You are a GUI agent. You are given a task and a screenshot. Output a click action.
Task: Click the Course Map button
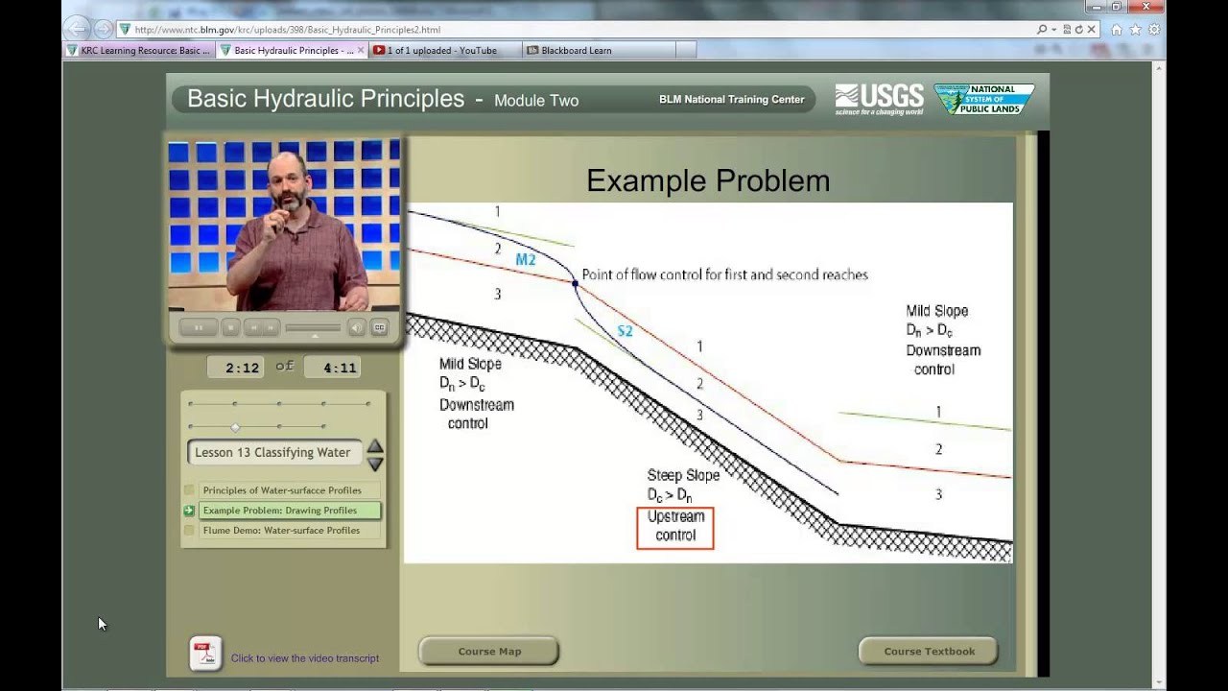coord(489,652)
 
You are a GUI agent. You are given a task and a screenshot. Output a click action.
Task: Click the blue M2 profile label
coord(525,260)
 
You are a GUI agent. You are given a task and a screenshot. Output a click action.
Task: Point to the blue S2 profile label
coord(625,332)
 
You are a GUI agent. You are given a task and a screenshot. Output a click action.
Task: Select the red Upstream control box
coord(675,527)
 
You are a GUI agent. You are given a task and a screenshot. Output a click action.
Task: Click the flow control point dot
coord(575,283)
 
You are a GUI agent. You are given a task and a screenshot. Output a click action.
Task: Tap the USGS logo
coord(879,98)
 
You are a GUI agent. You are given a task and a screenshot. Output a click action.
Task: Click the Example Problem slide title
coord(708,180)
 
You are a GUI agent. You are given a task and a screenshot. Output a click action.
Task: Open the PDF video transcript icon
coord(204,655)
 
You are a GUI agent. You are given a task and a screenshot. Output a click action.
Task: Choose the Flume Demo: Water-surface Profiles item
coord(281,531)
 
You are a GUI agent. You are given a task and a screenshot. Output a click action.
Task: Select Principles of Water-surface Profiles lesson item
coord(282,490)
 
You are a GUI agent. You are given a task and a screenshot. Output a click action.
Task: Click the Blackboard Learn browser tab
coord(576,50)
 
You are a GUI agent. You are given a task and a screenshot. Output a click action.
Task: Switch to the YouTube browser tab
coord(441,50)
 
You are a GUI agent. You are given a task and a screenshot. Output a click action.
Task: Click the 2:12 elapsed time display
coord(243,368)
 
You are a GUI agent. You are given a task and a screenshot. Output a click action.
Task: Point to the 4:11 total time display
coord(340,368)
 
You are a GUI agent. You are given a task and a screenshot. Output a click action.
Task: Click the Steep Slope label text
coord(683,475)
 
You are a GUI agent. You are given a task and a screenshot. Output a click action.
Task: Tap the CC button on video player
coord(379,328)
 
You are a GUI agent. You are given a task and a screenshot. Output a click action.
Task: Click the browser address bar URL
coord(288,30)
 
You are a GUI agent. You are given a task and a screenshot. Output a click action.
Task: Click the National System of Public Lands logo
coord(985,99)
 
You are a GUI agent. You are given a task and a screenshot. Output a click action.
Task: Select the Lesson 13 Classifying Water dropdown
coord(273,453)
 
